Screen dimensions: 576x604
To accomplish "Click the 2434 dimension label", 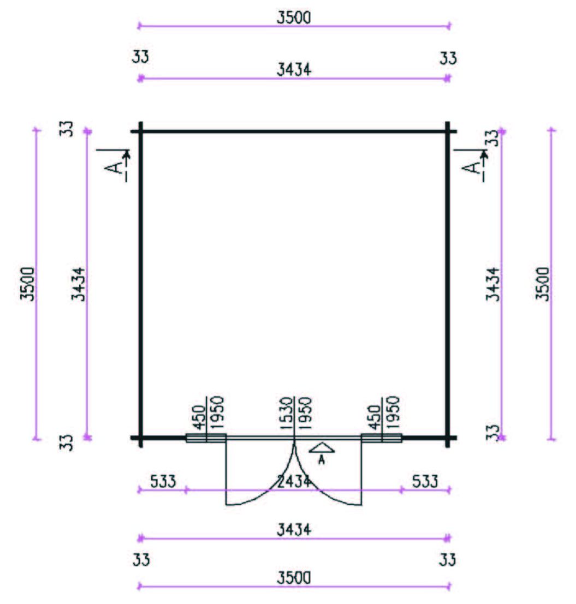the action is pos(294,481).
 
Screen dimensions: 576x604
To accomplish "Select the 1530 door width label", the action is pos(286,414).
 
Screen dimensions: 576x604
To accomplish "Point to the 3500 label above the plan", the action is pos(294,17).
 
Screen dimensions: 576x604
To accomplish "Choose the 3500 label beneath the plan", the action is pos(294,578).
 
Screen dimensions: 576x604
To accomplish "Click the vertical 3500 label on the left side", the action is pos(27,284).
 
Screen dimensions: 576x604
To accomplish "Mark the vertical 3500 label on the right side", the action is pos(542,284).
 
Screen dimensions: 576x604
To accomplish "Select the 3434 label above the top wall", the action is pos(294,70).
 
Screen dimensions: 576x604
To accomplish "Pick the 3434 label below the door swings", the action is pos(294,530).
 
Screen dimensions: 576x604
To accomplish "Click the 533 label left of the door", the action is pos(163,481).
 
